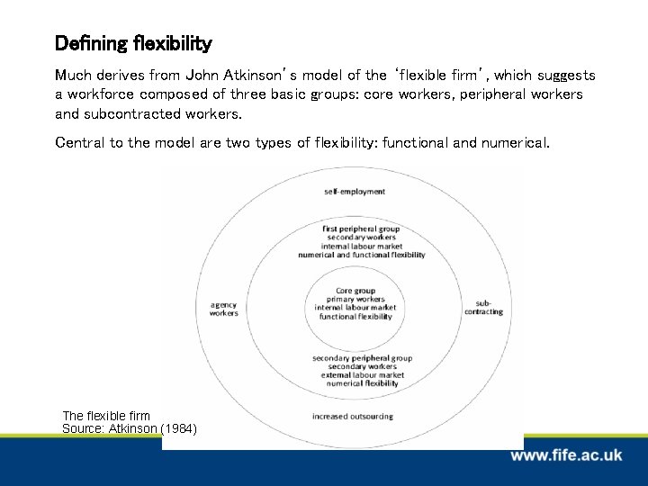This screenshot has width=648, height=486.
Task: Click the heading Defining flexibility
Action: click(133, 43)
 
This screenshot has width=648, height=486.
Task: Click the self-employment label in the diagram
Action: click(355, 192)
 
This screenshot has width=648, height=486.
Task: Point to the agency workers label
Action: click(224, 309)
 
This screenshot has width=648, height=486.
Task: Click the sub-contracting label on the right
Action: click(483, 308)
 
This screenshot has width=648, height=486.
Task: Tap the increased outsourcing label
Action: click(353, 416)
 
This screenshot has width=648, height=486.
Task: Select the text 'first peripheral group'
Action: click(361, 229)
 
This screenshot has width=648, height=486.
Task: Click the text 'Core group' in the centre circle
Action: click(355, 291)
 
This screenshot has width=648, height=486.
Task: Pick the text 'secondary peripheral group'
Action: click(362, 358)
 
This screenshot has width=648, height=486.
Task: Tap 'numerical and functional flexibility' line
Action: click(361, 255)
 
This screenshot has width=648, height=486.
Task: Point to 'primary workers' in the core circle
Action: click(355, 300)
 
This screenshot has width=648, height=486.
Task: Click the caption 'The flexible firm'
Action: click(106, 416)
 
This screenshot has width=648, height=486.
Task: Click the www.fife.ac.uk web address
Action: click(566, 456)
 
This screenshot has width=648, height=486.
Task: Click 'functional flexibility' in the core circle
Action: click(355, 317)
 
